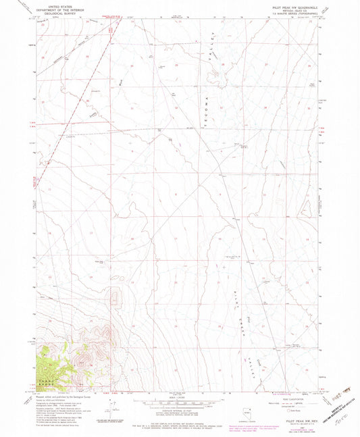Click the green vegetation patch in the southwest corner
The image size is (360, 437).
[x=44, y=365]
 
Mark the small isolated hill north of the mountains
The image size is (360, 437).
[x=115, y=294]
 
